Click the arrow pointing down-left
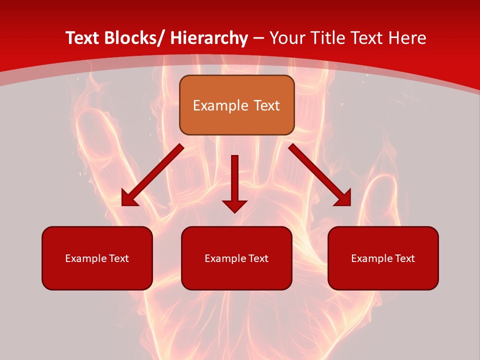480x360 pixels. (152, 175)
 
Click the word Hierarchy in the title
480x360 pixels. (209, 38)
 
